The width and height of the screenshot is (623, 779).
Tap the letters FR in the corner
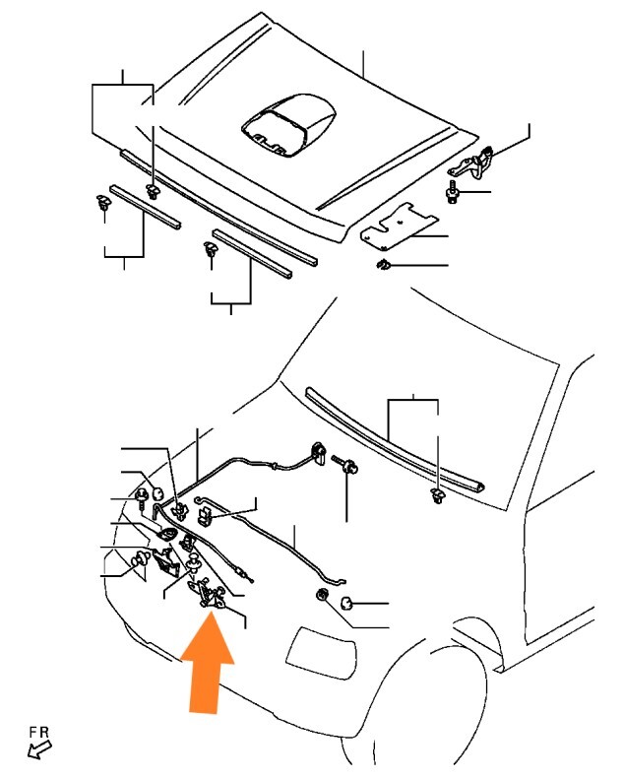click(x=39, y=733)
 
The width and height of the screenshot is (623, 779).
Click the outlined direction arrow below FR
click(x=39, y=749)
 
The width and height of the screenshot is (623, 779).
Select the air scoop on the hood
click(x=288, y=124)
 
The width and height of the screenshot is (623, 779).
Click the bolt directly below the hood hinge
click(x=452, y=192)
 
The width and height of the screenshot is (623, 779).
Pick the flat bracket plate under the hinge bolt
click(x=399, y=227)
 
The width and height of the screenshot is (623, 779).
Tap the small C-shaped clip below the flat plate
click(x=383, y=265)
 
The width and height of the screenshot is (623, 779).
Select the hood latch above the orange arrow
click(x=207, y=593)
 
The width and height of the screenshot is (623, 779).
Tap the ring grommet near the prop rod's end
click(x=322, y=594)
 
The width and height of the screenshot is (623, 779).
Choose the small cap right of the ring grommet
click(x=346, y=603)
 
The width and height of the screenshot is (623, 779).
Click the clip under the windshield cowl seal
click(x=436, y=495)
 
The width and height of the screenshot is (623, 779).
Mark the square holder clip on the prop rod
click(x=204, y=516)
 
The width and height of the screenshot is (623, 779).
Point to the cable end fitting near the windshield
click(x=318, y=454)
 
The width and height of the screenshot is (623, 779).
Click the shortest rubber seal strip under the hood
click(x=145, y=208)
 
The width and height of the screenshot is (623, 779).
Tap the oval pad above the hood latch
click(x=165, y=535)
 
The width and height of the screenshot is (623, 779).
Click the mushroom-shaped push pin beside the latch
click(x=193, y=563)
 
